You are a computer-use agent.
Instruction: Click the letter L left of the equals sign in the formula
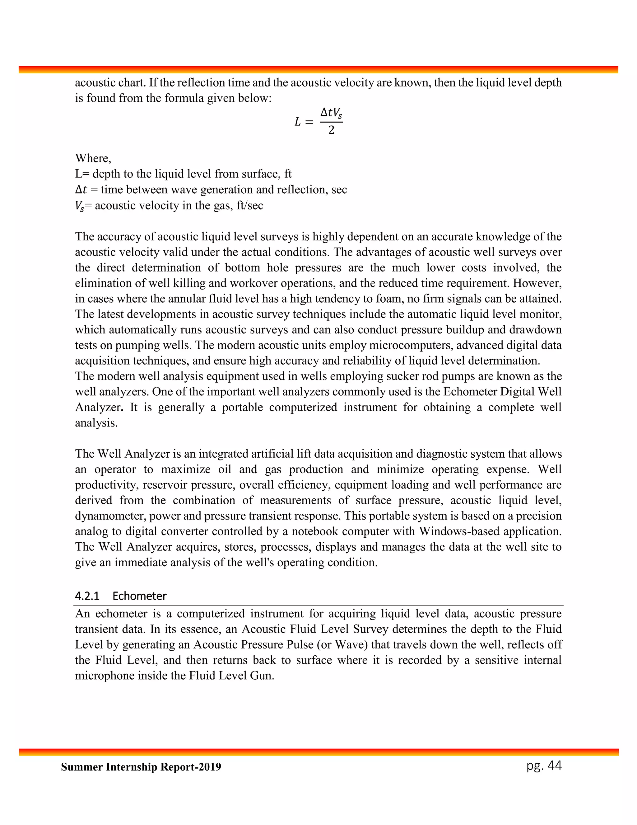298,122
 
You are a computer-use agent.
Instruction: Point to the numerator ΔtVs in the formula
331,113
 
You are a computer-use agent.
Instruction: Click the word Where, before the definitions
93,158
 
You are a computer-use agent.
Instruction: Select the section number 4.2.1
87,596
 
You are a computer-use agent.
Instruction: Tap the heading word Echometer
139,596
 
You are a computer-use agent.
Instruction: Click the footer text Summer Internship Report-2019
141,767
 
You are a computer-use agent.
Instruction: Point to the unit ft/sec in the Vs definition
249,205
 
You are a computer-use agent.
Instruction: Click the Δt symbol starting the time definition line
81,190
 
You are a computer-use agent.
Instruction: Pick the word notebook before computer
315,531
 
